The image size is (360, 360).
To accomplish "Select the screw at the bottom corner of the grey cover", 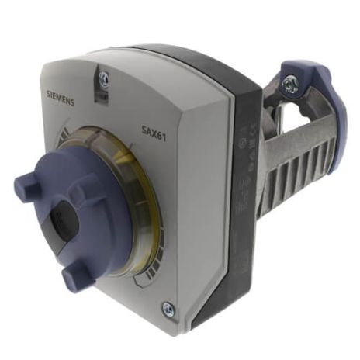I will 167,309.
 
